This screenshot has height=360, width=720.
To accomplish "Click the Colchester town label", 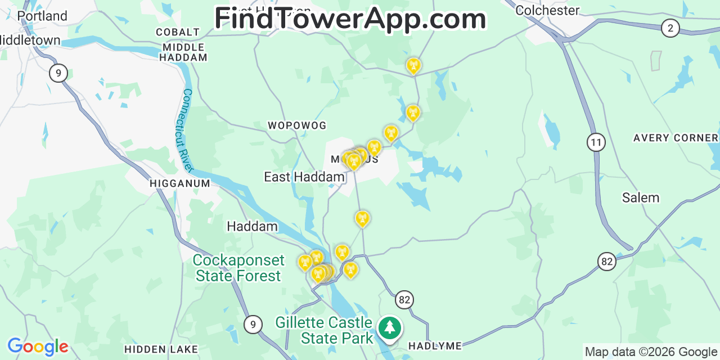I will [547, 10].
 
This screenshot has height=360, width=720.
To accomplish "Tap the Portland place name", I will [42, 16].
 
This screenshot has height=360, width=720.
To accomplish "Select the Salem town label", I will [640, 197].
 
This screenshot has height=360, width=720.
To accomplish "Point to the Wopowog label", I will [297, 125].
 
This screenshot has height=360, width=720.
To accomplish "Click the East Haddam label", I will [304, 177].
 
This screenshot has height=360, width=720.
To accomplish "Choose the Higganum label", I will [180, 183].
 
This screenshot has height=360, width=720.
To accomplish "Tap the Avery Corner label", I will [676, 138].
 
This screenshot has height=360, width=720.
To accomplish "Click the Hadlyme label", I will [435, 345].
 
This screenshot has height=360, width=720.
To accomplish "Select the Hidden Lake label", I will [161, 349].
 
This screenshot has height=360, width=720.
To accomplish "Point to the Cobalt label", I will [178, 32].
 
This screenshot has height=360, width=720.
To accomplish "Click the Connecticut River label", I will [188, 130].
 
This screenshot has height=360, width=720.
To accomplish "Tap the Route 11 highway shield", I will [596, 142].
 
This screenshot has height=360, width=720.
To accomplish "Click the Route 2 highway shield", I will [670, 28].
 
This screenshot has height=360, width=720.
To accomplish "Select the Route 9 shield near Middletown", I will [58, 73].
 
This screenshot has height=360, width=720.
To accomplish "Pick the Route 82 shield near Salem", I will [606, 261].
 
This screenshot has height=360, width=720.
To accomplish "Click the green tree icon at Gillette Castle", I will [389, 327].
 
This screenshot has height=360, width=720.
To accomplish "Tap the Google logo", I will [38, 346].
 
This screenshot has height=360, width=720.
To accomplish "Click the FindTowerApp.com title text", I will [350, 19].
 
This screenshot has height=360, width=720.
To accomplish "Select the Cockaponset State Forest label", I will [238, 268].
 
